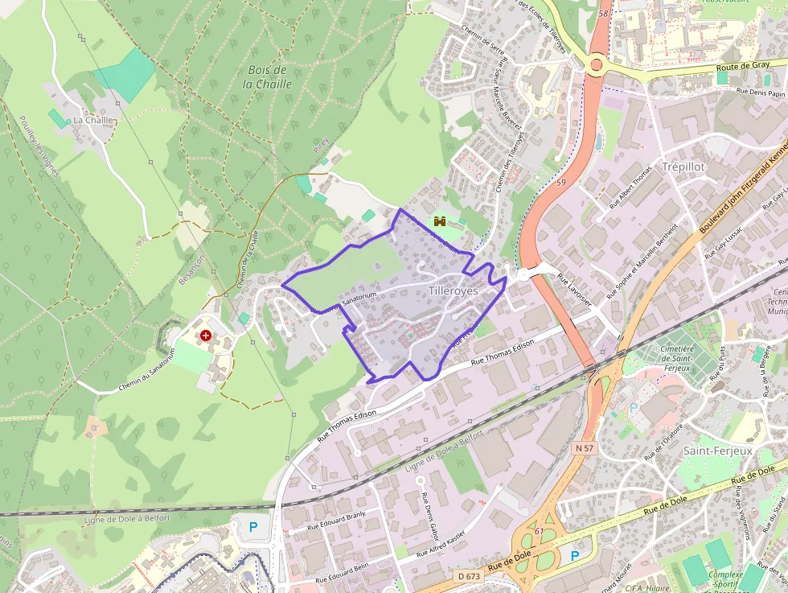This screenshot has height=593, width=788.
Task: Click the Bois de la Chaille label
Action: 269,76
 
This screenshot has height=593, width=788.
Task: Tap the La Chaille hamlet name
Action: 93,120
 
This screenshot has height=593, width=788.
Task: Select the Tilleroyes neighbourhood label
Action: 453,290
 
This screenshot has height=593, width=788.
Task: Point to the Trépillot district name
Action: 683,166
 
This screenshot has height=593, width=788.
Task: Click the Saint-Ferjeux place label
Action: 717,451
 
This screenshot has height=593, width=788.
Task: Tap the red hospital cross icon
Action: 207,336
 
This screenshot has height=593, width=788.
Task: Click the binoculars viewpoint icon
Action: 440,220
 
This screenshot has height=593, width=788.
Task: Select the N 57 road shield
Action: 585,447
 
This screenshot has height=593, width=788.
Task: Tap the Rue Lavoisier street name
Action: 574,289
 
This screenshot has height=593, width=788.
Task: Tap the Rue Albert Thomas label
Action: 630,187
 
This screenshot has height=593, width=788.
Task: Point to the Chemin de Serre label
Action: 482,43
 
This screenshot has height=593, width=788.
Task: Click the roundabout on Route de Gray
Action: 597,64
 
